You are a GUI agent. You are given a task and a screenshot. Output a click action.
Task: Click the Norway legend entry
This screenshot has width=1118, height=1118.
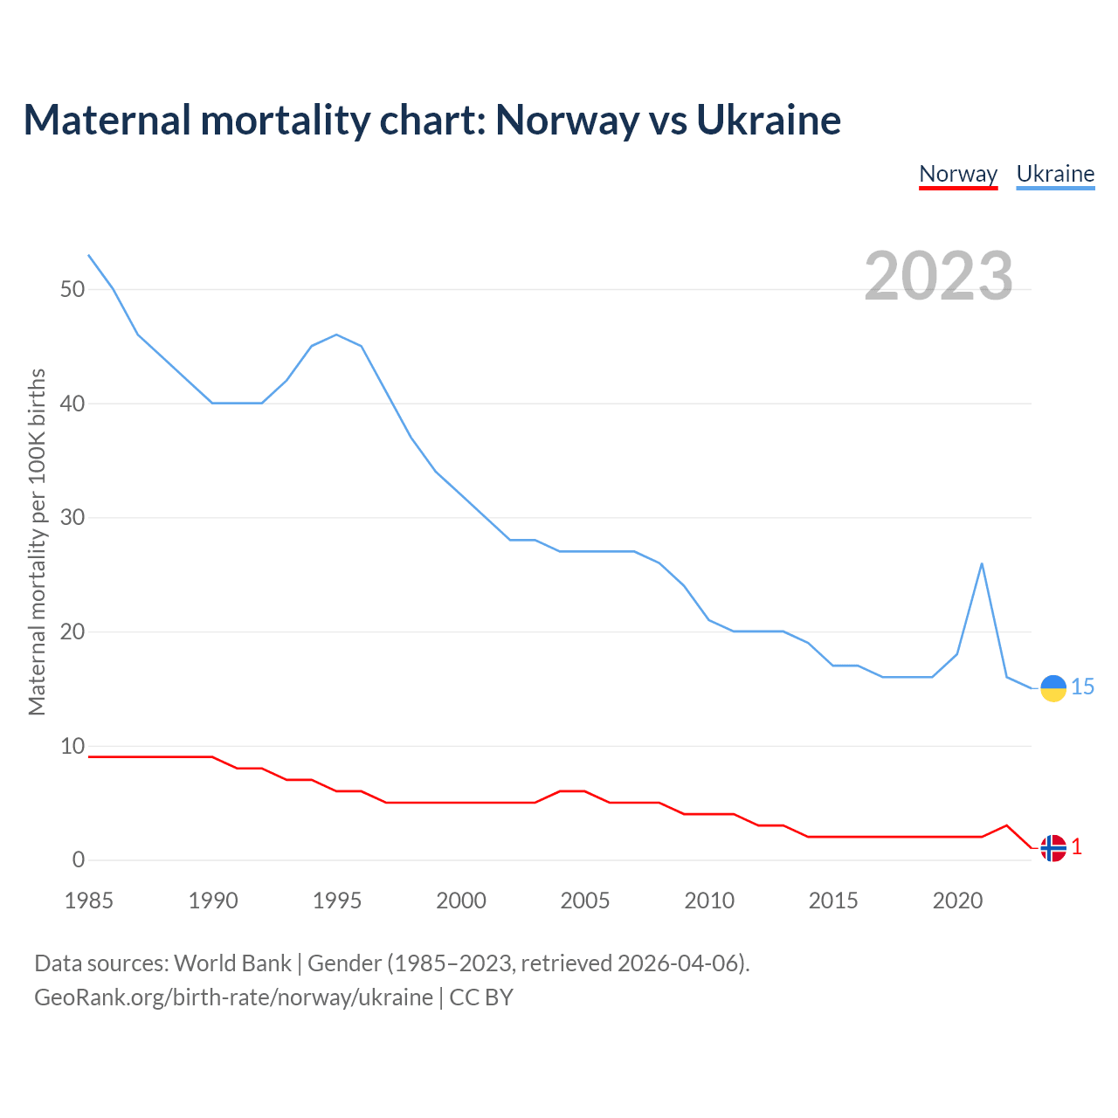coord(958,174)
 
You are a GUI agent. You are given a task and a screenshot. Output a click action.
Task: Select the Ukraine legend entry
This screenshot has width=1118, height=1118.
coord(1055,174)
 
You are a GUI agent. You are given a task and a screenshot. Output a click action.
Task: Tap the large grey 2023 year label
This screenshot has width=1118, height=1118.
coord(939,276)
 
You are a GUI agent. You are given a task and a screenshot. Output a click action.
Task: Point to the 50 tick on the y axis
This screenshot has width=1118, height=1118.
coord(72,289)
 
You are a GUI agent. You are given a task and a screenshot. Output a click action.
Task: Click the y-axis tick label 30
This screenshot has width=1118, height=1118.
coord(72,517)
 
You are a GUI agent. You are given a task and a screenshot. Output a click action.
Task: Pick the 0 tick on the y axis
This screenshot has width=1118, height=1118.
coord(79,859)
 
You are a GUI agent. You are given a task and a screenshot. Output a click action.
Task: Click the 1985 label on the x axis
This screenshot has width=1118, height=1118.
coord(89,901)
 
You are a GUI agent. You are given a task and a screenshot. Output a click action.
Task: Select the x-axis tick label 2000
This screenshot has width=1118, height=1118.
coord(461,901)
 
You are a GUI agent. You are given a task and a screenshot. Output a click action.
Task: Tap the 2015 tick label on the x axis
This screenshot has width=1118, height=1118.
coord(833,901)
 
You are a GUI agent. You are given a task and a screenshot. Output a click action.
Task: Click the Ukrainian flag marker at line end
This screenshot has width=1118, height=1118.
coord(1053,688)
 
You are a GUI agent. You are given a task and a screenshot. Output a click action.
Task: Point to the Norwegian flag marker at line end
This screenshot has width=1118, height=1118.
coord(1053,848)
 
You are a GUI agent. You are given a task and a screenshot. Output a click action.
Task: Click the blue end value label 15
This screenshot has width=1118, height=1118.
coord(1083,687)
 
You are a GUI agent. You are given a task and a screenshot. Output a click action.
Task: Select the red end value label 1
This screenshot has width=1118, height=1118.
coord(1077,847)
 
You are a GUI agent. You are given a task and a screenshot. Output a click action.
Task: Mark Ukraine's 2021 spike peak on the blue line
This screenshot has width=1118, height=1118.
coord(982,563)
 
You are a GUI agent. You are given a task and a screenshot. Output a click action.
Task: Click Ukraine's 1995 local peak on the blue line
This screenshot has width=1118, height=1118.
coord(336,335)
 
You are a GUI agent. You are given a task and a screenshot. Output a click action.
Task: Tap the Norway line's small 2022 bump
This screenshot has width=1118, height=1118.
coord(1006,825)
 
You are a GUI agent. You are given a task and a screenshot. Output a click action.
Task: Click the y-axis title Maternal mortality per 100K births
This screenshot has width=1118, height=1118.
coord(37,542)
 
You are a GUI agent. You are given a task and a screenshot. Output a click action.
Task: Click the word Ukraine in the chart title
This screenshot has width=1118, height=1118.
coord(769,121)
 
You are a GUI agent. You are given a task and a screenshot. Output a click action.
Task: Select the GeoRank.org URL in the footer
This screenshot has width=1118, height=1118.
coord(233,997)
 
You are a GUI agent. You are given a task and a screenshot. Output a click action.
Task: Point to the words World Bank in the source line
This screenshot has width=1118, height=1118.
coord(232,963)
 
